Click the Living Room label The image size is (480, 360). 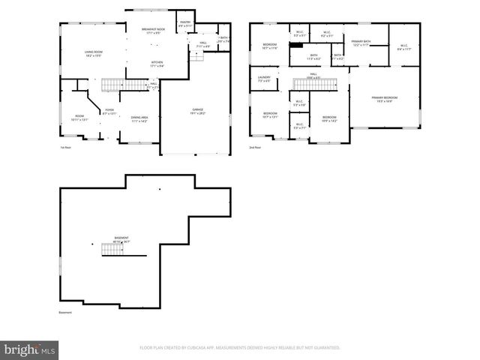[94, 54]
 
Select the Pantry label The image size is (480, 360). [185, 24]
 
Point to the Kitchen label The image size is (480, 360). [157, 64]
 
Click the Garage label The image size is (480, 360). [197, 112]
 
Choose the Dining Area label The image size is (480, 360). [139, 118]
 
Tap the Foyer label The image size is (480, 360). [109, 112]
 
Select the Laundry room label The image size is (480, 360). [264, 79]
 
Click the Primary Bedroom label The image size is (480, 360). [385, 99]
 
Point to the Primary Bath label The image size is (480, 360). [361, 43]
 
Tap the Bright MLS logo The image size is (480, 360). [30, 349]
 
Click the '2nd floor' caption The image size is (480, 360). [255, 148]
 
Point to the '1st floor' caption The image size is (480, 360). [65, 148]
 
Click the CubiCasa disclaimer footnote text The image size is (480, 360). [240, 347]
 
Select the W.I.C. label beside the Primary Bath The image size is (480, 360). [403, 47]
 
